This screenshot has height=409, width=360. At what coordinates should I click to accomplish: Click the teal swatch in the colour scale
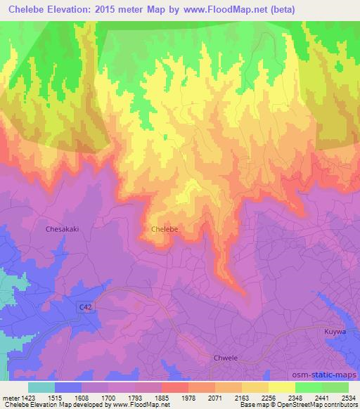[x=41, y=387]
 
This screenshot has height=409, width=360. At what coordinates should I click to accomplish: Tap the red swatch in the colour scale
[x=175, y=387]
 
